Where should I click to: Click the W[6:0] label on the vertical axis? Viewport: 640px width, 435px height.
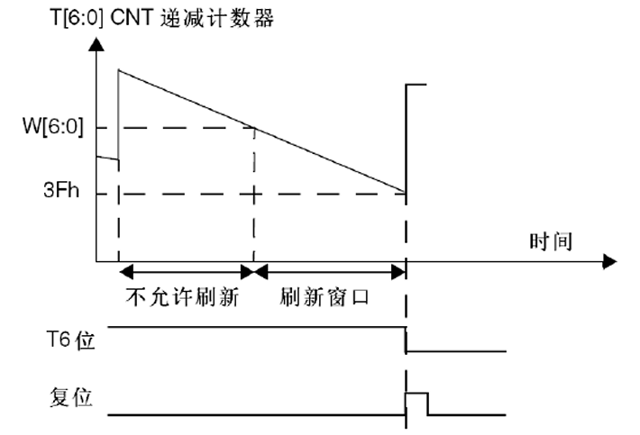(x=52, y=128)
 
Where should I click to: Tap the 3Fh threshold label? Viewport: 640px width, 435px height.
(x=62, y=193)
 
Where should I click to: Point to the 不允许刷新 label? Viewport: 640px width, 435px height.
(x=183, y=297)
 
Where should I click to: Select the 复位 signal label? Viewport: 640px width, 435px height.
(x=70, y=397)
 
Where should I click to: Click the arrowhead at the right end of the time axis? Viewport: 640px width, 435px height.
(x=610, y=263)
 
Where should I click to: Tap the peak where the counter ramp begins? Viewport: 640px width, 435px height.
(x=119, y=69)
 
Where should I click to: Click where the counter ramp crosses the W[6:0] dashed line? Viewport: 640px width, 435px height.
(x=253, y=128)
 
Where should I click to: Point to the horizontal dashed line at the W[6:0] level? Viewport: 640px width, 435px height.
(x=180, y=128)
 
